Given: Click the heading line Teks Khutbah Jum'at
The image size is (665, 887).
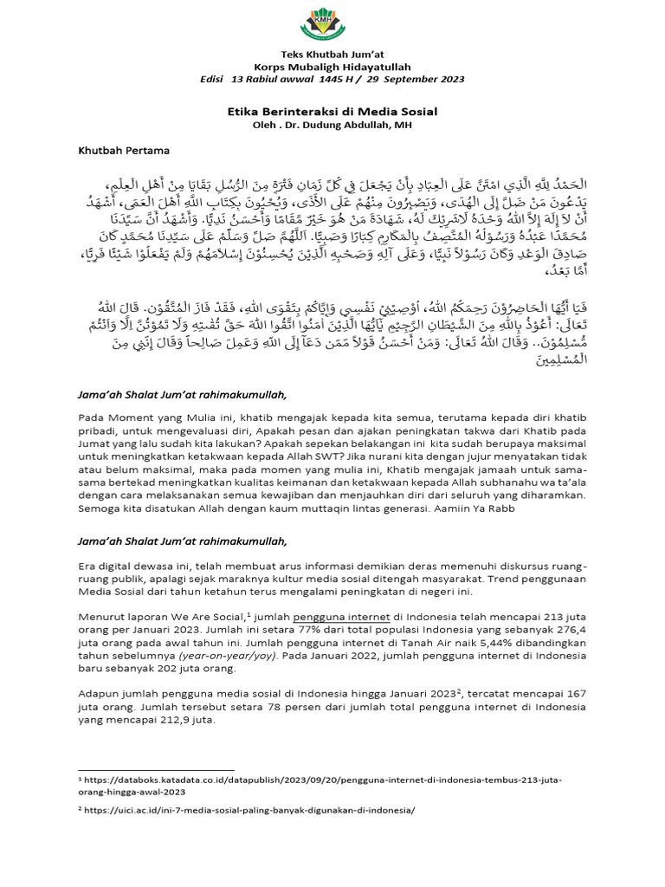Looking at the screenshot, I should click(x=332, y=55).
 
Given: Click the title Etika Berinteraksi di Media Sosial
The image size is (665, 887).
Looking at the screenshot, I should click(x=332, y=112).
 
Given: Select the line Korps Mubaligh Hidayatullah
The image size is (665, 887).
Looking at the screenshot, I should click(x=332, y=67).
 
